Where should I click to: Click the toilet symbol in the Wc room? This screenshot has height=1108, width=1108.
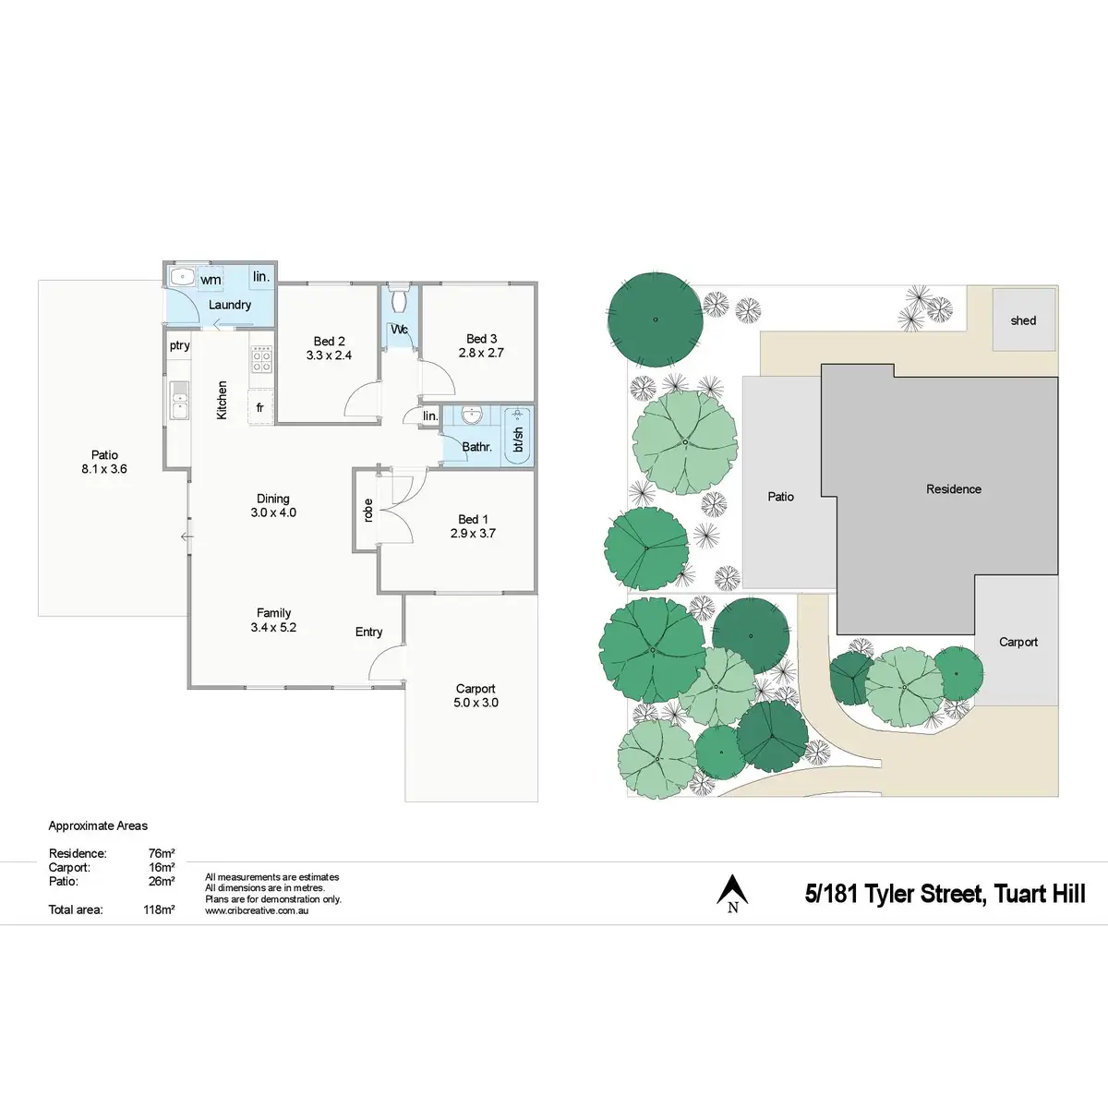click(x=400, y=300)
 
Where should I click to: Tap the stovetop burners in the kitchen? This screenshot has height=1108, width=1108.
click(x=261, y=359)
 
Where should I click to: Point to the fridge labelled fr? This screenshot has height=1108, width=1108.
click(x=260, y=407)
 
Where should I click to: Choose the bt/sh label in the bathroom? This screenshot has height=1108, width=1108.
click(x=519, y=440)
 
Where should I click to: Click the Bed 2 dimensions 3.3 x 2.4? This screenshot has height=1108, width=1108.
click(x=329, y=355)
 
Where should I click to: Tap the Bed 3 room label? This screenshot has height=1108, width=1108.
click(x=481, y=339)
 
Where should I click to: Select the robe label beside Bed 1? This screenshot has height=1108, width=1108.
click(x=367, y=511)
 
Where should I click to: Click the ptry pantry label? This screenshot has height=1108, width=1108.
click(x=179, y=345)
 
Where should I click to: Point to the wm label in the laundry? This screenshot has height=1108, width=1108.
click(x=211, y=280)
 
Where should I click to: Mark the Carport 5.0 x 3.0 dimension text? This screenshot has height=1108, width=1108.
click(x=476, y=703)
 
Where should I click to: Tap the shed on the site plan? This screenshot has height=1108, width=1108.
click(x=1023, y=320)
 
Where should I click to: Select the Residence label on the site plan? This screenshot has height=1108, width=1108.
click(x=954, y=489)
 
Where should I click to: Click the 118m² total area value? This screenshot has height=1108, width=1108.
click(x=159, y=909)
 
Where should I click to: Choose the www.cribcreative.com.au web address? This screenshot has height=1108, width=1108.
click(x=257, y=910)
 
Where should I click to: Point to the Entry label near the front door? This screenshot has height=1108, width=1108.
click(x=368, y=632)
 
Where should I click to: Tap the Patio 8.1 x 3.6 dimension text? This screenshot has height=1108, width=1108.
click(x=104, y=469)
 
